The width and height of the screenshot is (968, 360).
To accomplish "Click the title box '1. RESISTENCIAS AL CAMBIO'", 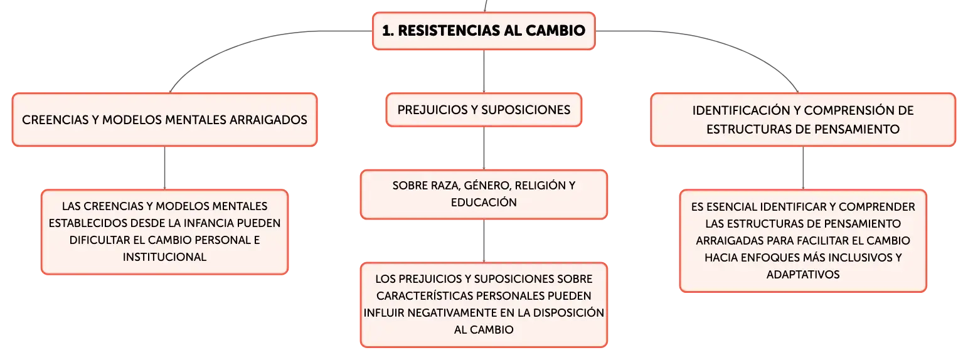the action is (x=484, y=31).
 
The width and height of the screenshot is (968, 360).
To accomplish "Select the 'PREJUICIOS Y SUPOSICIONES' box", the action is (x=484, y=110).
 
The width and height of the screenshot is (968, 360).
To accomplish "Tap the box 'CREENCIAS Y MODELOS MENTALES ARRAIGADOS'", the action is (x=164, y=120).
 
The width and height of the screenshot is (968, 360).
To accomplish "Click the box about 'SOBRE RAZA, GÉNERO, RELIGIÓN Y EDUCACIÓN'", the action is (x=484, y=194).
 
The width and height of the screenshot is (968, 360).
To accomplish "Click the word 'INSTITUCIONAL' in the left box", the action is (x=164, y=257).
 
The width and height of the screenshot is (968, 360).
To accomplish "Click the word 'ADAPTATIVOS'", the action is (x=803, y=275).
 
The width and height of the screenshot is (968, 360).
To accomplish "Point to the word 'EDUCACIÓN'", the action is (x=484, y=203).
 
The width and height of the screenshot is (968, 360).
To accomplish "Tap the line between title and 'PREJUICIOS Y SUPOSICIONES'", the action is (x=484, y=71).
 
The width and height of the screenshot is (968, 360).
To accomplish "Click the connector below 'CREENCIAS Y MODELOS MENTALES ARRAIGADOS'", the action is (x=164, y=168).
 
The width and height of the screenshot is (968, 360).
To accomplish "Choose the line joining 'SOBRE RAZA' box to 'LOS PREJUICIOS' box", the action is (x=484, y=241).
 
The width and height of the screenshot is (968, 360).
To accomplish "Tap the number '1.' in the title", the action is (x=388, y=31).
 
